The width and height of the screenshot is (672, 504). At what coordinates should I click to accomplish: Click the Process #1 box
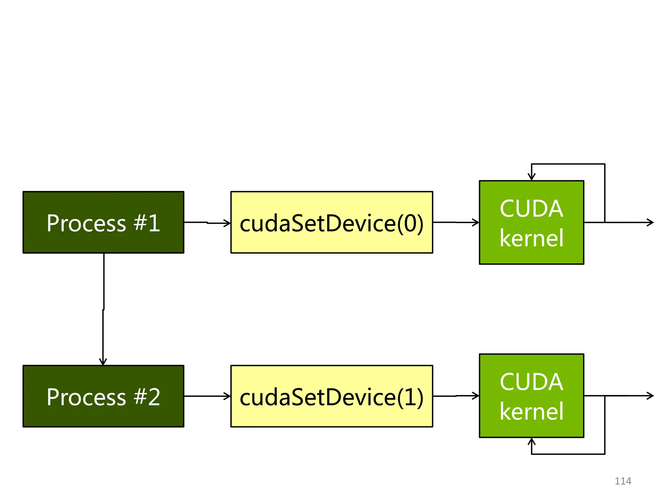click(103, 222)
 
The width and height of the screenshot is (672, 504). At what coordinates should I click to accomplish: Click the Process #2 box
click(103, 396)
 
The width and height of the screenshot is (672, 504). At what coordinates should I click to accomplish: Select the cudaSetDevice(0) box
click(332, 222)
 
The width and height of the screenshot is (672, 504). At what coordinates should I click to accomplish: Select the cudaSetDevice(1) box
click(332, 396)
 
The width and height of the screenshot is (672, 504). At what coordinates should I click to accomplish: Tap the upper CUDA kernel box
click(532, 222)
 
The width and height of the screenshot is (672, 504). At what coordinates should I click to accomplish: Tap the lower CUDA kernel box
click(532, 395)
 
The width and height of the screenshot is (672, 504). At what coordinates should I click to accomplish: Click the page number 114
click(623, 481)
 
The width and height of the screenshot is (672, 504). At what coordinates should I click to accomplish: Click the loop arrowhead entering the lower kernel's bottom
click(532, 441)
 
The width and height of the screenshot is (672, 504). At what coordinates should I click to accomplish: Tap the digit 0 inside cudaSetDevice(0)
click(410, 223)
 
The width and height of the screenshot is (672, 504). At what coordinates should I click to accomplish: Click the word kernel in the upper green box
click(532, 238)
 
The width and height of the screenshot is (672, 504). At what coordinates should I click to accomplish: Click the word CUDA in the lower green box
click(532, 382)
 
